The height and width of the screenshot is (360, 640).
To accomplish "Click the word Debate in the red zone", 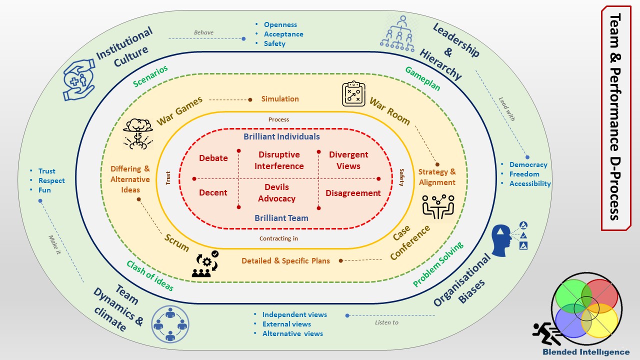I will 213,158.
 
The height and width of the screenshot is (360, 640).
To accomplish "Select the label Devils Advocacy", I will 276,193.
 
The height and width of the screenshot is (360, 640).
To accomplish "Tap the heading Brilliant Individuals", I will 281,136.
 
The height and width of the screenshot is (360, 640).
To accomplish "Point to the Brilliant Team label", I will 281,218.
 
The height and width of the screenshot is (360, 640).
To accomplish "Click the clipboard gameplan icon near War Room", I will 354,93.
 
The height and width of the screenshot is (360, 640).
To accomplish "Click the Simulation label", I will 280,99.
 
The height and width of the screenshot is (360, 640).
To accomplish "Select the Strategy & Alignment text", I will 437,177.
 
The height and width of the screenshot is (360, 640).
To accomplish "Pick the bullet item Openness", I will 280,24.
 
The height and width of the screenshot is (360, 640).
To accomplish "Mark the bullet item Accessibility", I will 530,183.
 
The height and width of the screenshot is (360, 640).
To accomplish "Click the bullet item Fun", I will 44,190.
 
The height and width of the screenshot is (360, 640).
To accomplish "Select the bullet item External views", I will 286,324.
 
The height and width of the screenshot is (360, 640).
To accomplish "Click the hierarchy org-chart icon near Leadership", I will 398,32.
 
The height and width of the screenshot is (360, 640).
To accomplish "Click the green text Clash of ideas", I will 150,275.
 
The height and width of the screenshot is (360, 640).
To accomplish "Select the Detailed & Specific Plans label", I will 285,260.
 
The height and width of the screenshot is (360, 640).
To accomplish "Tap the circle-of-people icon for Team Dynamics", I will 170,324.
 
